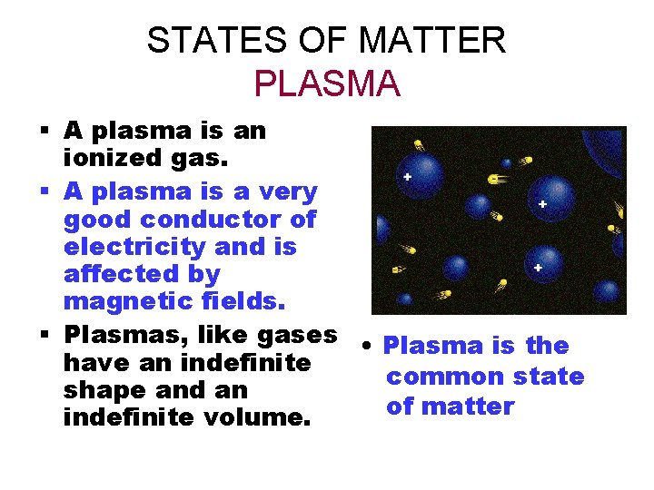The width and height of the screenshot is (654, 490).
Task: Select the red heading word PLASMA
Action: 327,83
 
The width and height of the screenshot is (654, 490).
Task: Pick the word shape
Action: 99,390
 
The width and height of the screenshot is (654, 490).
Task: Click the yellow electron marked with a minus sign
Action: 498,179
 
